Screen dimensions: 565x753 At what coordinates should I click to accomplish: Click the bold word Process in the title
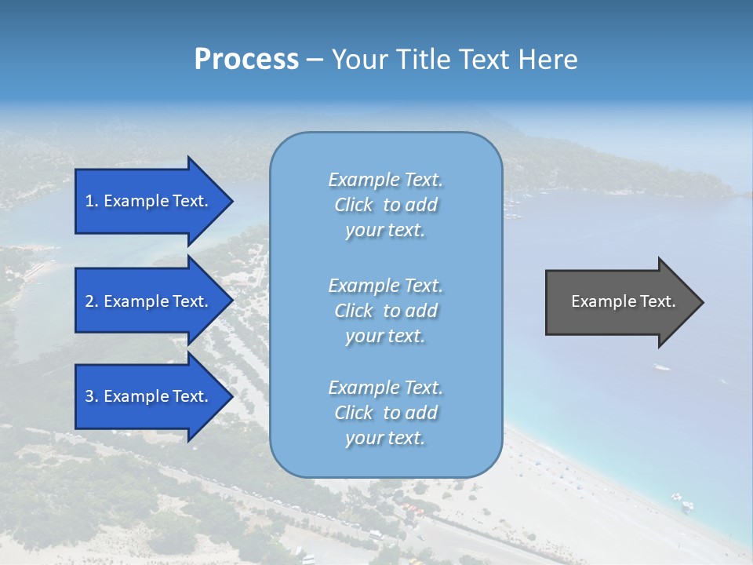(246, 60)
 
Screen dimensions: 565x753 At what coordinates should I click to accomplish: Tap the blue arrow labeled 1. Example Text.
(149, 201)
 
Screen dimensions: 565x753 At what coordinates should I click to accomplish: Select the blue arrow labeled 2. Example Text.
(149, 301)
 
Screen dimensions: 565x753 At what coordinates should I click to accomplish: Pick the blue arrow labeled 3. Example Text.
(149, 396)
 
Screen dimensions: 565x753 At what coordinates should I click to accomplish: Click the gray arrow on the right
(620, 302)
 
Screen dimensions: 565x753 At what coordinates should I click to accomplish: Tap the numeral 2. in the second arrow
(92, 301)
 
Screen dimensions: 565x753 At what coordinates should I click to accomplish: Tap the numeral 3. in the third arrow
(92, 396)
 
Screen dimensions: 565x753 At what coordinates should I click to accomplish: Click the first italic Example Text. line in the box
(385, 180)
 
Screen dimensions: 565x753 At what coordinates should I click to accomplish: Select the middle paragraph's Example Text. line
(385, 285)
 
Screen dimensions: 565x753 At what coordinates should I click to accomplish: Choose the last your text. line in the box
(385, 438)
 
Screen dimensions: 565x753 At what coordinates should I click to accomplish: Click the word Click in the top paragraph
(354, 205)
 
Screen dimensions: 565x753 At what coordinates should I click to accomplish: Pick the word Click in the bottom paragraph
(354, 413)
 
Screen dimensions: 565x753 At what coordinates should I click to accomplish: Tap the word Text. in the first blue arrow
(191, 201)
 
